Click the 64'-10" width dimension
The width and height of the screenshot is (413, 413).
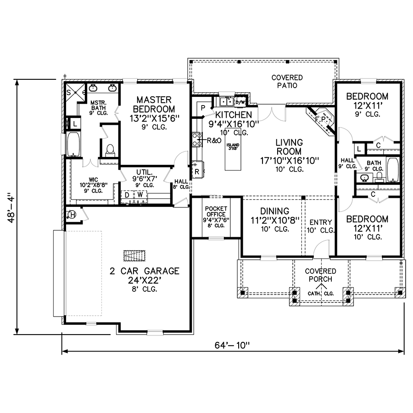(x=232, y=345)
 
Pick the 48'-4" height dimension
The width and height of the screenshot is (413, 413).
(x=10, y=206)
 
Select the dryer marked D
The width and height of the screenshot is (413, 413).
(x=126, y=195)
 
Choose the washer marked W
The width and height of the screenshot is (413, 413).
(x=139, y=195)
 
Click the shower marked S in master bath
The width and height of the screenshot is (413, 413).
(x=70, y=92)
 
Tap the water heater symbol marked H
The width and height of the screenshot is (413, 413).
(x=72, y=214)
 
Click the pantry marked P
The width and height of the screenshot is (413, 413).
(x=202, y=107)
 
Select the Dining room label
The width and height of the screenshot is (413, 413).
(x=274, y=215)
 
